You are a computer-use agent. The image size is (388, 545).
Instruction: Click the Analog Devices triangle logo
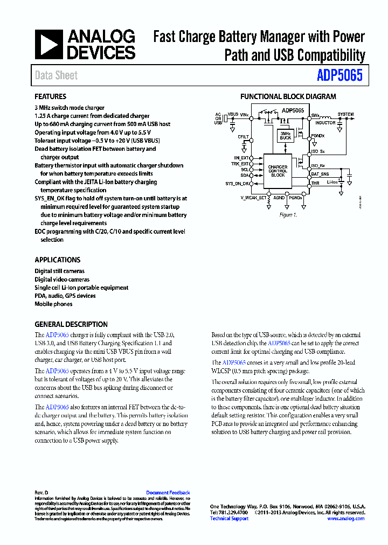[x=49, y=45]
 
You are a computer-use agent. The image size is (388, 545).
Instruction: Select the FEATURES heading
[x=51, y=97]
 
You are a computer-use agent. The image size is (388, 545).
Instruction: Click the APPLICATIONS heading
[x=58, y=260]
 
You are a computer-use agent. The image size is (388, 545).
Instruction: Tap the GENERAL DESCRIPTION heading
[x=71, y=325]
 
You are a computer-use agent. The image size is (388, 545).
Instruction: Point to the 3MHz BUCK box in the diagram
[x=286, y=135]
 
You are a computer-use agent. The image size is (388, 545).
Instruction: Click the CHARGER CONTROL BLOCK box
[x=278, y=171]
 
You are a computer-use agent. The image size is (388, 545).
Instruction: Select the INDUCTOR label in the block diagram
[x=325, y=123]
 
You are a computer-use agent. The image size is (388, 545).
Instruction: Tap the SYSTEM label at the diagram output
[x=345, y=115]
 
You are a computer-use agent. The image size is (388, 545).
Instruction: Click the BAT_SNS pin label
[x=320, y=174]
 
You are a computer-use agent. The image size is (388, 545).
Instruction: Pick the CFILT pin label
[x=244, y=137]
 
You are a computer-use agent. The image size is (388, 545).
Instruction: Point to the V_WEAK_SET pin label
[x=253, y=198]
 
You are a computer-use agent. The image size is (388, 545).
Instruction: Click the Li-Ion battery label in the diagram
[x=332, y=182]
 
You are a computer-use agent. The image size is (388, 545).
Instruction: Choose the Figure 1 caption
[x=288, y=215]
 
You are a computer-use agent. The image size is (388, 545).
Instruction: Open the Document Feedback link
[x=168, y=493]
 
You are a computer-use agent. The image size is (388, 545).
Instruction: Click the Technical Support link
[x=229, y=519]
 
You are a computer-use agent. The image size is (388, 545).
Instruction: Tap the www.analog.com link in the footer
[x=345, y=519]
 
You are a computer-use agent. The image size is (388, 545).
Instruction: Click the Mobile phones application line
[x=53, y=304]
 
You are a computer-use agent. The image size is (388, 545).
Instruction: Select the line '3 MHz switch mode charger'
[x=70, y=108]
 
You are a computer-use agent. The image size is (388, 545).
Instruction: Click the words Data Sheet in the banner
[x=56, y=75]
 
